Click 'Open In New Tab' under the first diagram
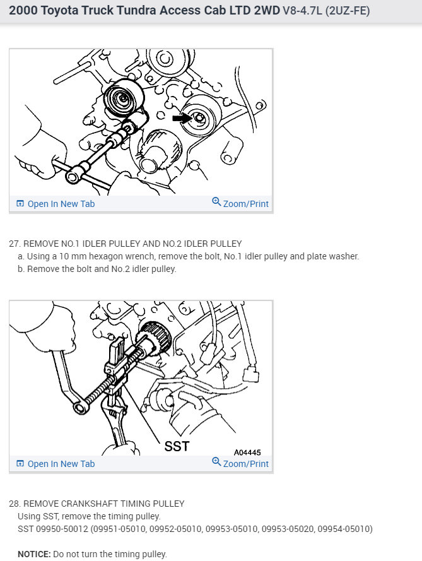pyautogui.click(x=61, y=204)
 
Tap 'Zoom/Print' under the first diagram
pyautogui.click(x=245, y=204)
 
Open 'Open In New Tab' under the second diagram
pyautogui.click(x=61, y=464)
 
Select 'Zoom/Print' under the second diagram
pyautogui.click(x=245, y=464)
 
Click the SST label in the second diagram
pyautogui.click(x=177, y=447)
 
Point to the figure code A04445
pyautogui.click(x=247, y=452)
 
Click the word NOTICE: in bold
pyautogui.click(x=34, y=554)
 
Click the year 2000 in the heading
pyautogui.click(x=23, y=11)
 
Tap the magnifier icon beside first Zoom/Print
pyautogui.click(x=216, y=203)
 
